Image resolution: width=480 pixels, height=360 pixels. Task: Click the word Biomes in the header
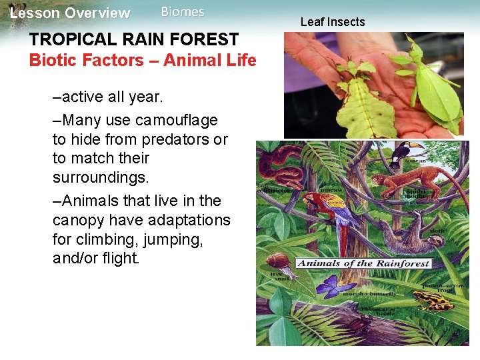[x=183, y=12]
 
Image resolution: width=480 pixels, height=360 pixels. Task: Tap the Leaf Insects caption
[x=333, y=22]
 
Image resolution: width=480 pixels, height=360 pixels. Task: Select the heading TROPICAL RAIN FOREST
[x=133, y=39]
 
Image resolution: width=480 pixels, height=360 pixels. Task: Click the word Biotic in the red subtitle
[x=53, y=60]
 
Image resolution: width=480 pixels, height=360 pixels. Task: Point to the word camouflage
[x=176, y=120]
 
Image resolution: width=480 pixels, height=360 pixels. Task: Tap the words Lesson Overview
[x=70, y=13]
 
